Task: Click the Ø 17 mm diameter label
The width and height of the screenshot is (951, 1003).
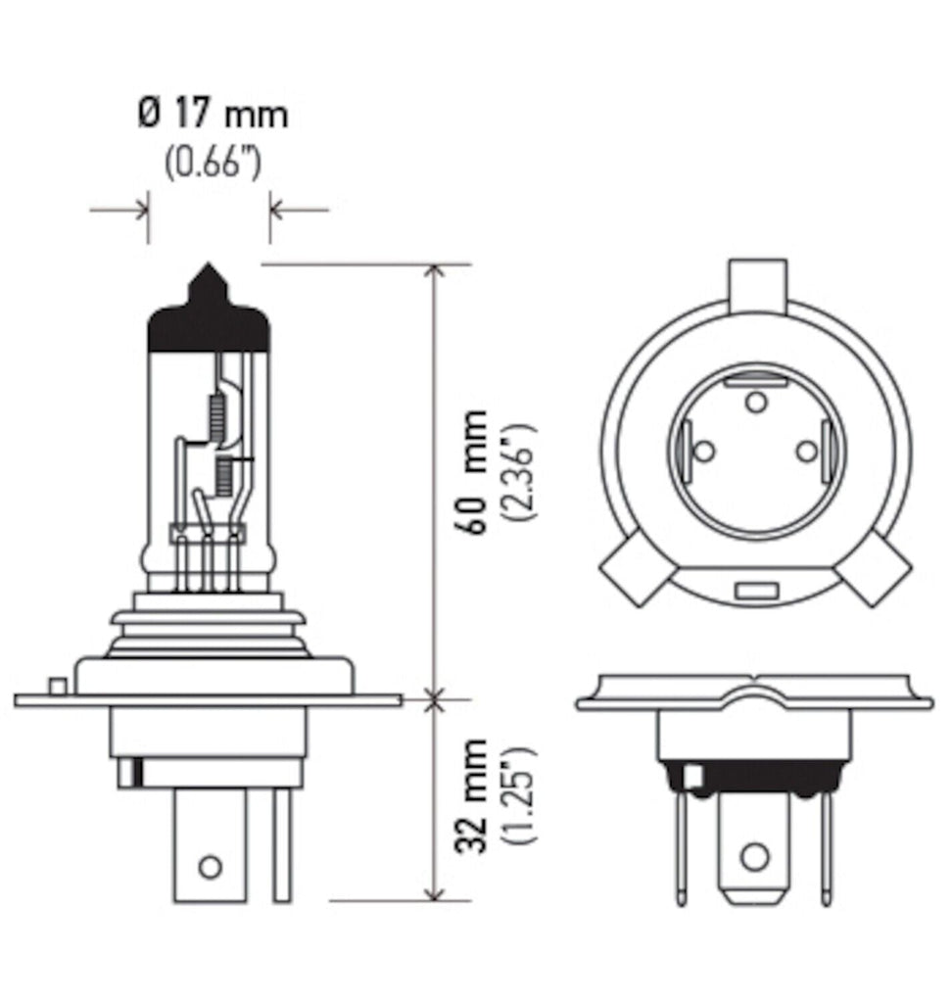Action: coord(212,116)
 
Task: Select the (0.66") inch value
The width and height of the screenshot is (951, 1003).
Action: coord(212,160)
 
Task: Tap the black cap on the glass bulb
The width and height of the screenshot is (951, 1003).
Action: coord(209,328)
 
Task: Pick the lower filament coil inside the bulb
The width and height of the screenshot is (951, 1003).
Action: coord(223,476)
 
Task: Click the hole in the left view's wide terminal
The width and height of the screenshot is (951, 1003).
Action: coord(209,866)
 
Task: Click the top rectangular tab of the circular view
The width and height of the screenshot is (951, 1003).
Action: coord(757,279)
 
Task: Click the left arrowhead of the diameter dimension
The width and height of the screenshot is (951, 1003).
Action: coord(141,209)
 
